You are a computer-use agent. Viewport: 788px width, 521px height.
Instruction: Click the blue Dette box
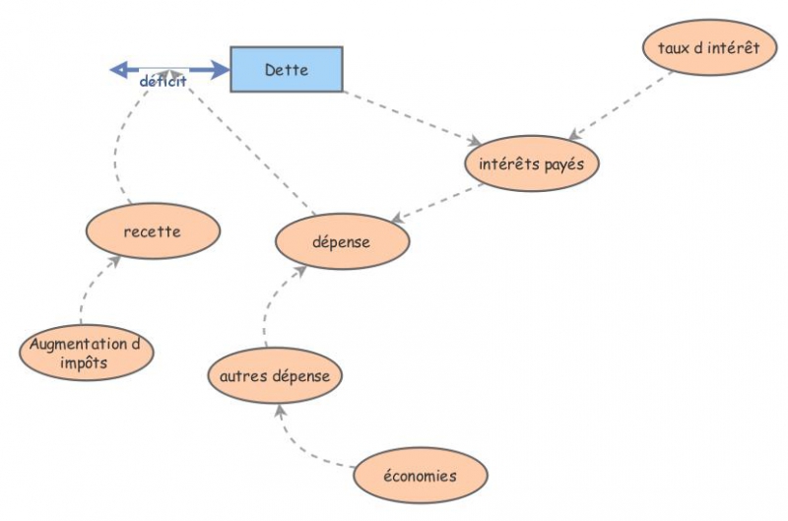pos(287,69)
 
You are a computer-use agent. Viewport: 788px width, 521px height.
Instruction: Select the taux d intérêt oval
pos(709,47)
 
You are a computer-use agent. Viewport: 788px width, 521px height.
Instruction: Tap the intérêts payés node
pos(532,163)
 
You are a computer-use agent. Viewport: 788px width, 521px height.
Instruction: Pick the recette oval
pos(154,231)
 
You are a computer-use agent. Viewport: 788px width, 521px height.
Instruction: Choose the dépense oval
pos(342,241)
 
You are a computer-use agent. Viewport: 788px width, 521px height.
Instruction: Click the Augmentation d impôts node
pos(87,353)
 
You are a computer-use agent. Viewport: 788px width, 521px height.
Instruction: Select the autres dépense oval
pos(276,375)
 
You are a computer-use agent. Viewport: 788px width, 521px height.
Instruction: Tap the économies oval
pos(421,476)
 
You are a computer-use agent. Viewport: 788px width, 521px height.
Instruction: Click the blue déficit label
pos(163,82)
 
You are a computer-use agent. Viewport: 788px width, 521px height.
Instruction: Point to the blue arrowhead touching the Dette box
pos(220,70)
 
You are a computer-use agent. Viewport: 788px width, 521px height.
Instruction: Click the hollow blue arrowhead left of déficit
pos(118,70)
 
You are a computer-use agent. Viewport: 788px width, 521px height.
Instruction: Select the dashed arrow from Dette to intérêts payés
pos(412,118)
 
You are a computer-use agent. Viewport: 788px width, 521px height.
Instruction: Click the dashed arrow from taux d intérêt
pos(622,105)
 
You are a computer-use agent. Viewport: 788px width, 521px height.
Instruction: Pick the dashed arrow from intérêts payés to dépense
pos(436,203)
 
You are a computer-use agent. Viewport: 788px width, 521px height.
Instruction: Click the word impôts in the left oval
pos(84,362)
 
